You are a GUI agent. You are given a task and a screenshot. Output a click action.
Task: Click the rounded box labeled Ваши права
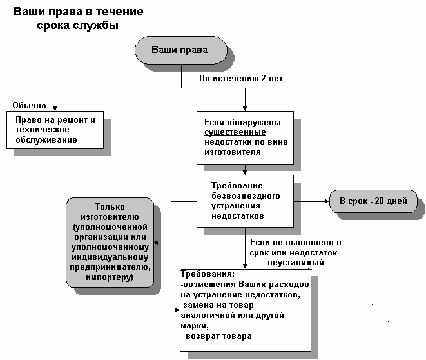[181, 50]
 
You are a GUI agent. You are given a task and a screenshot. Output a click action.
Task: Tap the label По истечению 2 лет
[241, 78]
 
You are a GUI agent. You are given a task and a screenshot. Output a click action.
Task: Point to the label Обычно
[30, 105]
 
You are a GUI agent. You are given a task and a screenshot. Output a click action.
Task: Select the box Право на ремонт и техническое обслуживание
[55, 130]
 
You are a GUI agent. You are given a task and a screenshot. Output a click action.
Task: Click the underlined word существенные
[235, 132]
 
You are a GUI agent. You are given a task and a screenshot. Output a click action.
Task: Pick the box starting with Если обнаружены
[245, 137]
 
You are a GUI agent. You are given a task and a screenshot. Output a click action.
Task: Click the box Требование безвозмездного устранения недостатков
[245, 201]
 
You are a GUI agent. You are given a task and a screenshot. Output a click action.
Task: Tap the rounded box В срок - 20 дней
[373, 201]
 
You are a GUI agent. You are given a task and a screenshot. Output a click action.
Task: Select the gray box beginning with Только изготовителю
[110, 243]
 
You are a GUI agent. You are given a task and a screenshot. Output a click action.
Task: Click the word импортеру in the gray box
[109, 277]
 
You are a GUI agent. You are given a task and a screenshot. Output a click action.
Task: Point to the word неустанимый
[296, 263]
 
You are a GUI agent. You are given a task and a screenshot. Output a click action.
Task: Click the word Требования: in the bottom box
[208, 274]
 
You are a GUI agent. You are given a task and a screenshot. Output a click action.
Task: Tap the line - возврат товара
[217, 336]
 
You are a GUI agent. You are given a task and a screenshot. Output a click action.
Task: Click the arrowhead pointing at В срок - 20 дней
[327, 201]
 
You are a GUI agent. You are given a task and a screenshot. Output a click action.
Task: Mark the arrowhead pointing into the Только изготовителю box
[156, 243]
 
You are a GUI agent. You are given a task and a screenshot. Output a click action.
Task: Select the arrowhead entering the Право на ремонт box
[55, 108]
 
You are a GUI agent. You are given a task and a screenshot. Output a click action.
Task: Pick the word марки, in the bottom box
[195, 326]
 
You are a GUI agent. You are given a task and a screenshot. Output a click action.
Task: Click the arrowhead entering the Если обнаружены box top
[245, 108]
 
